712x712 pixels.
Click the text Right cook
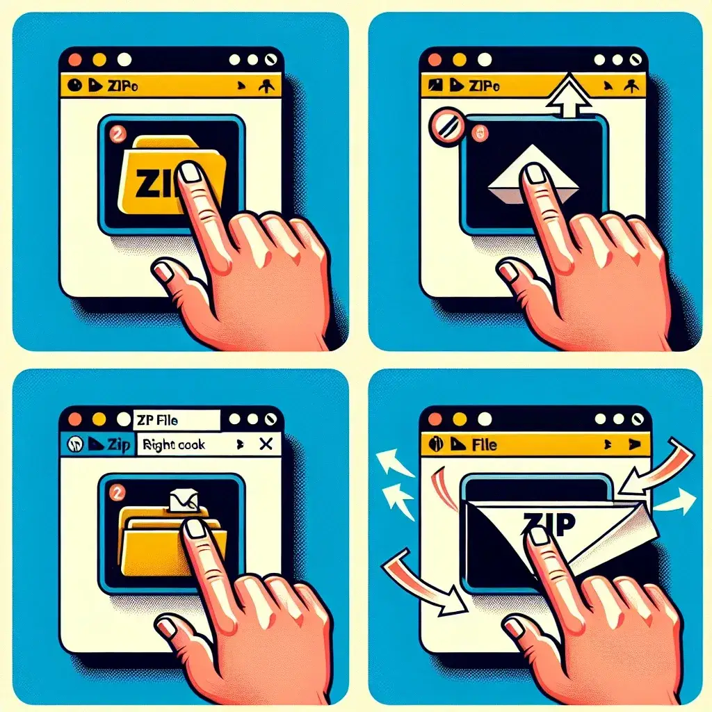click(x=173, y=444)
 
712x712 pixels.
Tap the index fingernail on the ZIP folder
click(x=188, y=172)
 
